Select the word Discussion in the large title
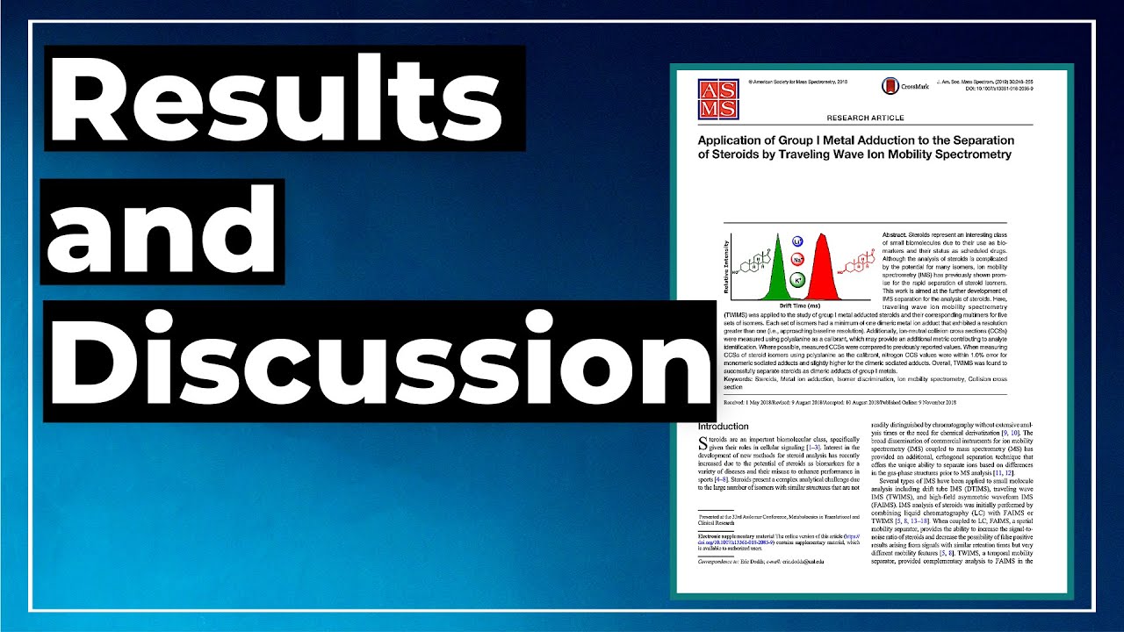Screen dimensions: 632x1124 (378, 361)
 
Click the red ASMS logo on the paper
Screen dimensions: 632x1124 (717, 98)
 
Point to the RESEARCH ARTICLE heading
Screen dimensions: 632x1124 (865, 117)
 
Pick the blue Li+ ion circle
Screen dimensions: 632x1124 (797, 241)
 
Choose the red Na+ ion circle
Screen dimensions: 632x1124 (798, 260)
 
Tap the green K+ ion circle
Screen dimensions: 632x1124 (797, 280)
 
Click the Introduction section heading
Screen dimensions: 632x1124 (723, 427)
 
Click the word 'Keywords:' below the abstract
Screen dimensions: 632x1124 (740, 380)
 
